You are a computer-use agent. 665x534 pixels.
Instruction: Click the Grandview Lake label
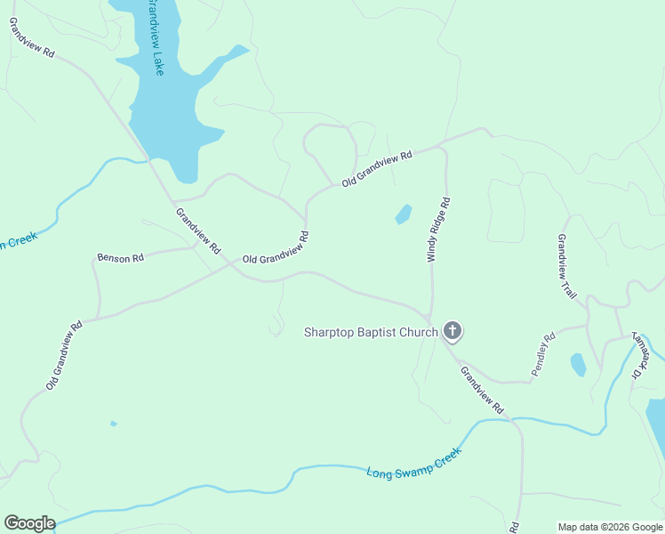coord(155,37)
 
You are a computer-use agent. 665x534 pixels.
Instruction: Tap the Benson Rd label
coord(120,258)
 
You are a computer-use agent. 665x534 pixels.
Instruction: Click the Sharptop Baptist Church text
coord(371,333)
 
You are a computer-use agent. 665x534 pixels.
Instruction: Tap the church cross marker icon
coord(453,332)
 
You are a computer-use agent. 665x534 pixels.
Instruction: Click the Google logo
coord(29,523)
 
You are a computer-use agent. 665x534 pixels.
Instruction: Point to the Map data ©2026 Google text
coord(611,527)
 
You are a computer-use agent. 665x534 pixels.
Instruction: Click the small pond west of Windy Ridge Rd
coord(404,214)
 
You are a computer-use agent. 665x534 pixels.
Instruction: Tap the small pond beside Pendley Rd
coord(579,364)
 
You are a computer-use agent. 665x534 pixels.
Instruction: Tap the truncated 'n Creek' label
coord(17,241)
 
